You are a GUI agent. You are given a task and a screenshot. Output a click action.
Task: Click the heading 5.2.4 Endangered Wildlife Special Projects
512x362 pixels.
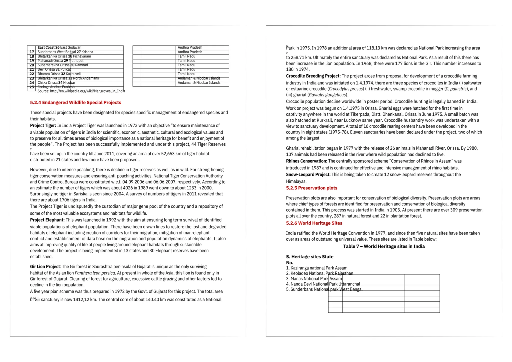click(x=75, y=102)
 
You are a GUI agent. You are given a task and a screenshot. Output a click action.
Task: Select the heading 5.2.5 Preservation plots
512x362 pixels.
click(x=311, y=188)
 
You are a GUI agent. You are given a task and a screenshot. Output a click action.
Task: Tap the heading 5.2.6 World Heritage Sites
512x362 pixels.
click(x=314, y=223)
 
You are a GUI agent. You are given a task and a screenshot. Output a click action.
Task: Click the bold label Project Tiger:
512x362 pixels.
click(x=43, y=125)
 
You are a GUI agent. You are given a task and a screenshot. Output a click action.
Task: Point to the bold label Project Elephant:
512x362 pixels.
click(x=47, y=220)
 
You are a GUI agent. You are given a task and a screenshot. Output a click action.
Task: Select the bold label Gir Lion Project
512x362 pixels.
click(x=45, y=267)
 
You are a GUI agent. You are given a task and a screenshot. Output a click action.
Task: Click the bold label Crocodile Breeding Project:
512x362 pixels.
click(x=313, y=76)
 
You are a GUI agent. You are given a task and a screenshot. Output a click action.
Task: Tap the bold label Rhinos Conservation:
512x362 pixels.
click(x=306, y=161)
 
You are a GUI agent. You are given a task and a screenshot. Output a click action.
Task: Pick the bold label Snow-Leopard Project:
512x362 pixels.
click(x=308, y=174)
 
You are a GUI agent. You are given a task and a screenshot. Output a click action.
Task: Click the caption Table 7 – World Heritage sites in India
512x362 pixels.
click(x=384, y=246)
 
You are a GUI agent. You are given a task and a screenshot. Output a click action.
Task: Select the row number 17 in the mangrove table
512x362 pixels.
click(x=32, y=52)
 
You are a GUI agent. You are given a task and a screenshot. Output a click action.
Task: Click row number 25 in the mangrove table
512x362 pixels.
click(x=32, y=87)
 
